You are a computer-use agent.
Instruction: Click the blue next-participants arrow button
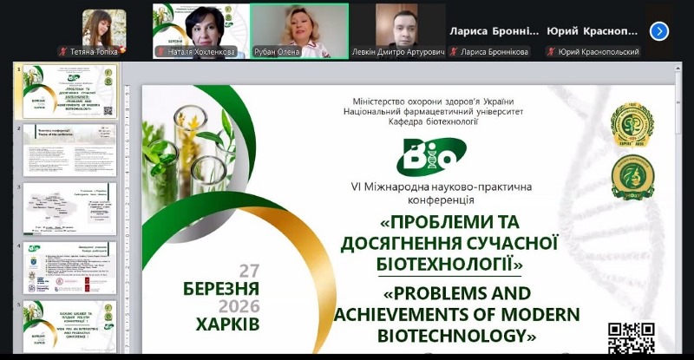[659, 31]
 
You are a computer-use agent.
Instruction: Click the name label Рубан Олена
[300, 52]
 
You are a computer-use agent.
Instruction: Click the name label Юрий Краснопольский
[598, 52]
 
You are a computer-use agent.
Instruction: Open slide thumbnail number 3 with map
[69, 208]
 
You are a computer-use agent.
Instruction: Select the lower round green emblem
[632, 176]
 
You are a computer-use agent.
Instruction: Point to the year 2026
[239, 306]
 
